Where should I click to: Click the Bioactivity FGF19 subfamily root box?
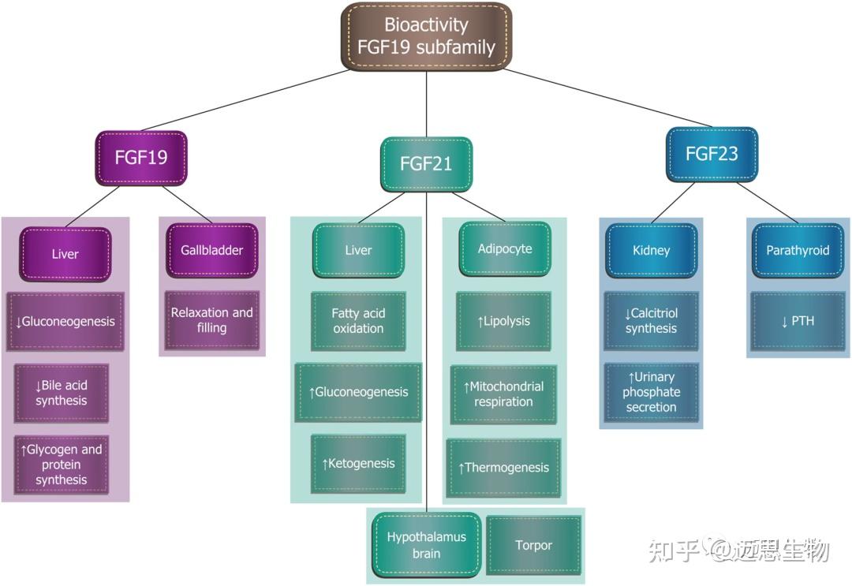pos(426,36)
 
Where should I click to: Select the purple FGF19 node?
pos(141,157)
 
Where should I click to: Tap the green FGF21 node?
pos(426,163)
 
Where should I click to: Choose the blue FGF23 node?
pos(712,155)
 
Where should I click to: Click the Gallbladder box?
pos(211,250)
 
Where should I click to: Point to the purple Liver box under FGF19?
pos(65,254)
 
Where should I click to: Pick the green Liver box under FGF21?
pos(358,250)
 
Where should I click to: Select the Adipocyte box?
pos(505,249)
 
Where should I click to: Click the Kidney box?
pos(652,250)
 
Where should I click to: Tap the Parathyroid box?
pos(798,250)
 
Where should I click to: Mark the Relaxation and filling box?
pos(211,320)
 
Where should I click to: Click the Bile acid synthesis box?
pos(62,393)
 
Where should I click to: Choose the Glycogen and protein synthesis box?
pos(62,465)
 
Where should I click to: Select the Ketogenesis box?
pos(358,464)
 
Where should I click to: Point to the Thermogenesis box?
pos(503,468)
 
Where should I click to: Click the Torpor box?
pos(533,545)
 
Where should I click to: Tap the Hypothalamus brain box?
pos(426,545)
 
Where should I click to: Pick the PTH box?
pos(798,321)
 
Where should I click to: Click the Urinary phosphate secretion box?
pos(652,392)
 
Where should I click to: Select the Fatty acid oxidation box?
pos(358,321)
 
